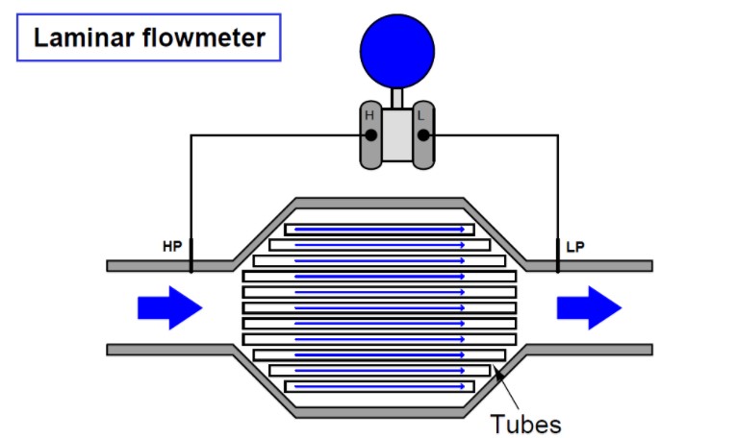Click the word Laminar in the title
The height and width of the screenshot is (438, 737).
tap(81, 39)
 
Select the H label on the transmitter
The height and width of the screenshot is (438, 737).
tap(368, 116)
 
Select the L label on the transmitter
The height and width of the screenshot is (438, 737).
tap(422, 116)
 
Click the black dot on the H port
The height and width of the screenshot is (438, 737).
tap(370, 135)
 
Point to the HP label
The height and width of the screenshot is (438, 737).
tap(173, 247)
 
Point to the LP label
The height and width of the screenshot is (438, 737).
tap(575, 247)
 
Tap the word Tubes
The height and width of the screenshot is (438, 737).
tap(525, 423)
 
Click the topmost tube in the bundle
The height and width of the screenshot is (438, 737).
tap(380, 230)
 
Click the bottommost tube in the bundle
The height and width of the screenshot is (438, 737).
tap(380, 386)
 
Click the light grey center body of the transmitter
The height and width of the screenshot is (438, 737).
tap(396, 134)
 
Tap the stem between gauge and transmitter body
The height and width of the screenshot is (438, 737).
tap(396, 96)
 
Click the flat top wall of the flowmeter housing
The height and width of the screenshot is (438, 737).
tap(380, 203)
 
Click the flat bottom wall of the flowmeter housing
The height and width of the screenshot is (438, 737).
tap(380, 413)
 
